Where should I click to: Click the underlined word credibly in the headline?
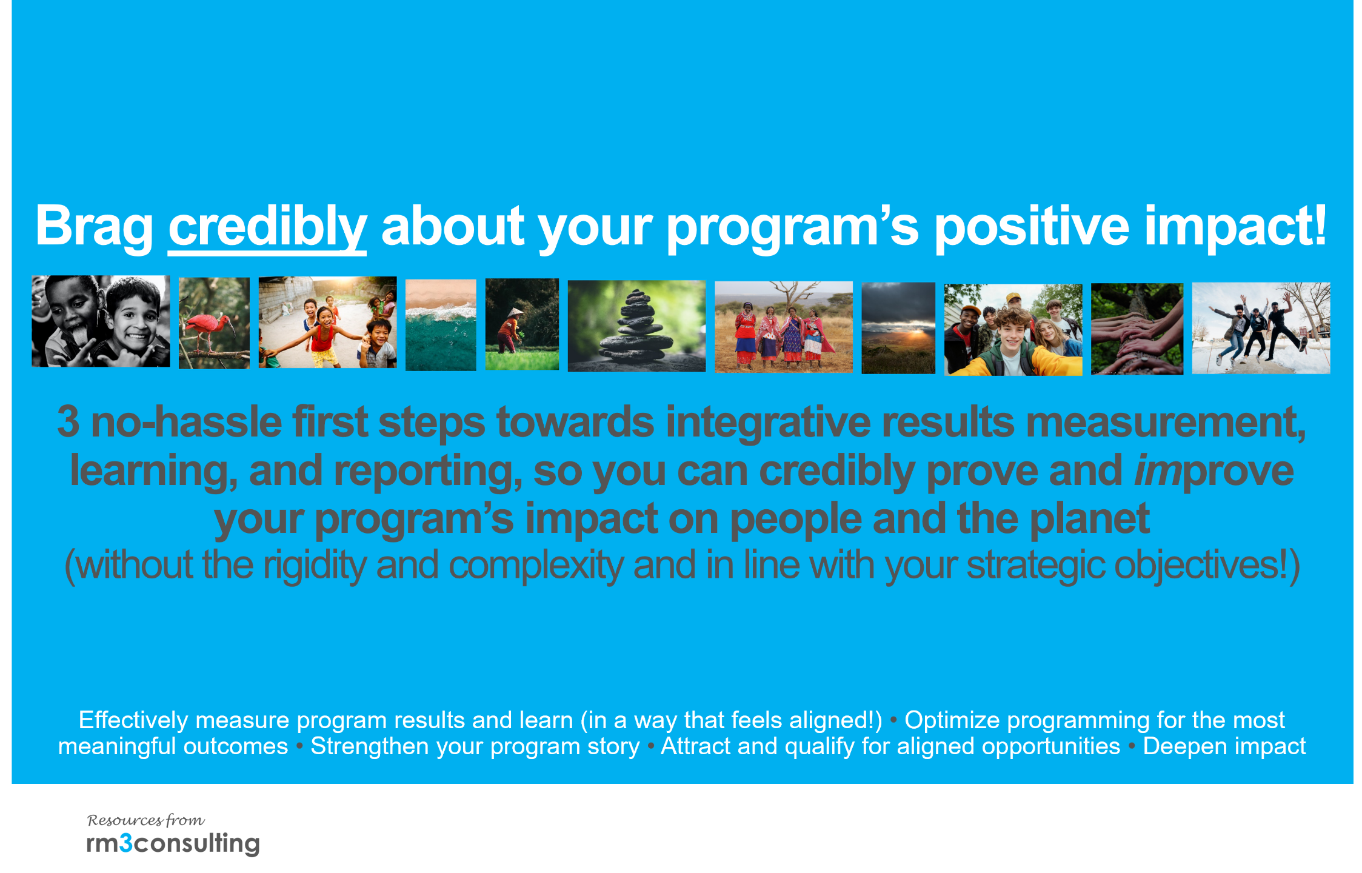267,227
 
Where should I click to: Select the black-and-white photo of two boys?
101,321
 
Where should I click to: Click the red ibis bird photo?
214,323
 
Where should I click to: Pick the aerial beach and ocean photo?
441,325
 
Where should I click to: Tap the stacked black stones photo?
636,326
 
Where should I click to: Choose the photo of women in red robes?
784,327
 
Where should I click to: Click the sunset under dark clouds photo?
898,328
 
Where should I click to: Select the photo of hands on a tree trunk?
1137,329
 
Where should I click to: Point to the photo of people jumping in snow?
1261,328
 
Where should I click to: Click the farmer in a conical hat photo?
522,324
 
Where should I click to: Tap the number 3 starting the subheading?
68,422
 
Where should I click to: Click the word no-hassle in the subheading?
187,422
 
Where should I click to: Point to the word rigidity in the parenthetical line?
315,566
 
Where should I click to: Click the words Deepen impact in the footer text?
1224,746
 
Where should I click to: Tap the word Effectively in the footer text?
134,720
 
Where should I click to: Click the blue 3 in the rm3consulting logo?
125,843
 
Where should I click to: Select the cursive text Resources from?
146,820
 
